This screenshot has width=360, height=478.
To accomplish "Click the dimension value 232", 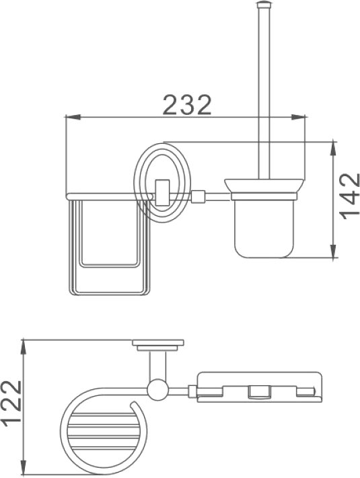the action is (187, 105).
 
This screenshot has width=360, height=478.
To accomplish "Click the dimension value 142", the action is (350, 196).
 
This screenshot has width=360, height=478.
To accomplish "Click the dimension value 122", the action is (11, 403).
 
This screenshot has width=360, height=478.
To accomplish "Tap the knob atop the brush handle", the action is (264, 4).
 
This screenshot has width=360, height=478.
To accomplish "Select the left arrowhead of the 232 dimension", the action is (73, 117).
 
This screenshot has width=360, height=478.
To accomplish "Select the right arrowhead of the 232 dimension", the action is (298, 117).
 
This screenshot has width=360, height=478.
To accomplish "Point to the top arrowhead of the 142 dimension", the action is (334, 149).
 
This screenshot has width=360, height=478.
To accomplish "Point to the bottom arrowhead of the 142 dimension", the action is (334, 251).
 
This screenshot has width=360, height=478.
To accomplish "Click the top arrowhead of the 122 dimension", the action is (24, 347).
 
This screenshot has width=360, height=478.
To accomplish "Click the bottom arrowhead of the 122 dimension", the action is (24, 467).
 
